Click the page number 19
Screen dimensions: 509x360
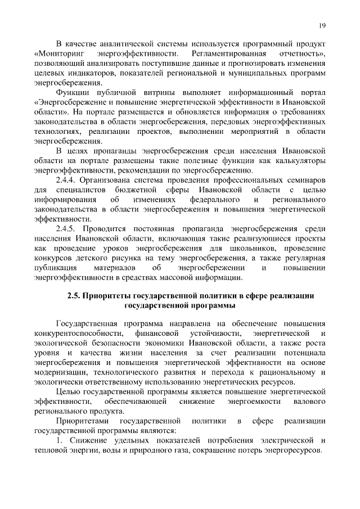tap(322, 25)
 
